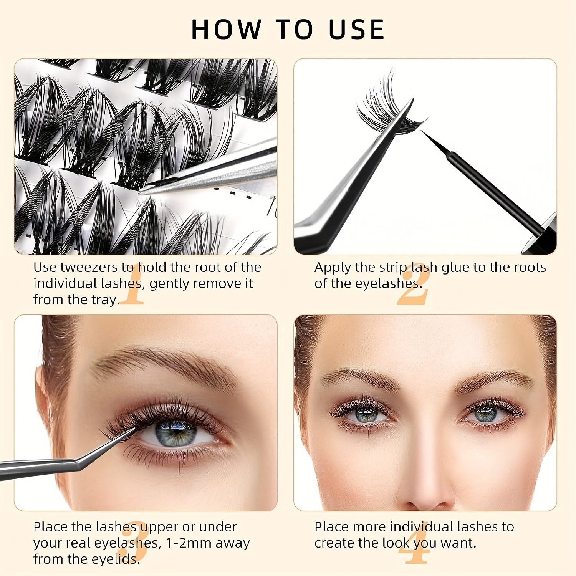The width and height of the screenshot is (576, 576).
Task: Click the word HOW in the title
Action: [226, 30]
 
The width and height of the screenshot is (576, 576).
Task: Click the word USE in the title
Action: [356, 30]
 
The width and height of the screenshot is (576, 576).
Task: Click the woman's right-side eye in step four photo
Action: [486, 414]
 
